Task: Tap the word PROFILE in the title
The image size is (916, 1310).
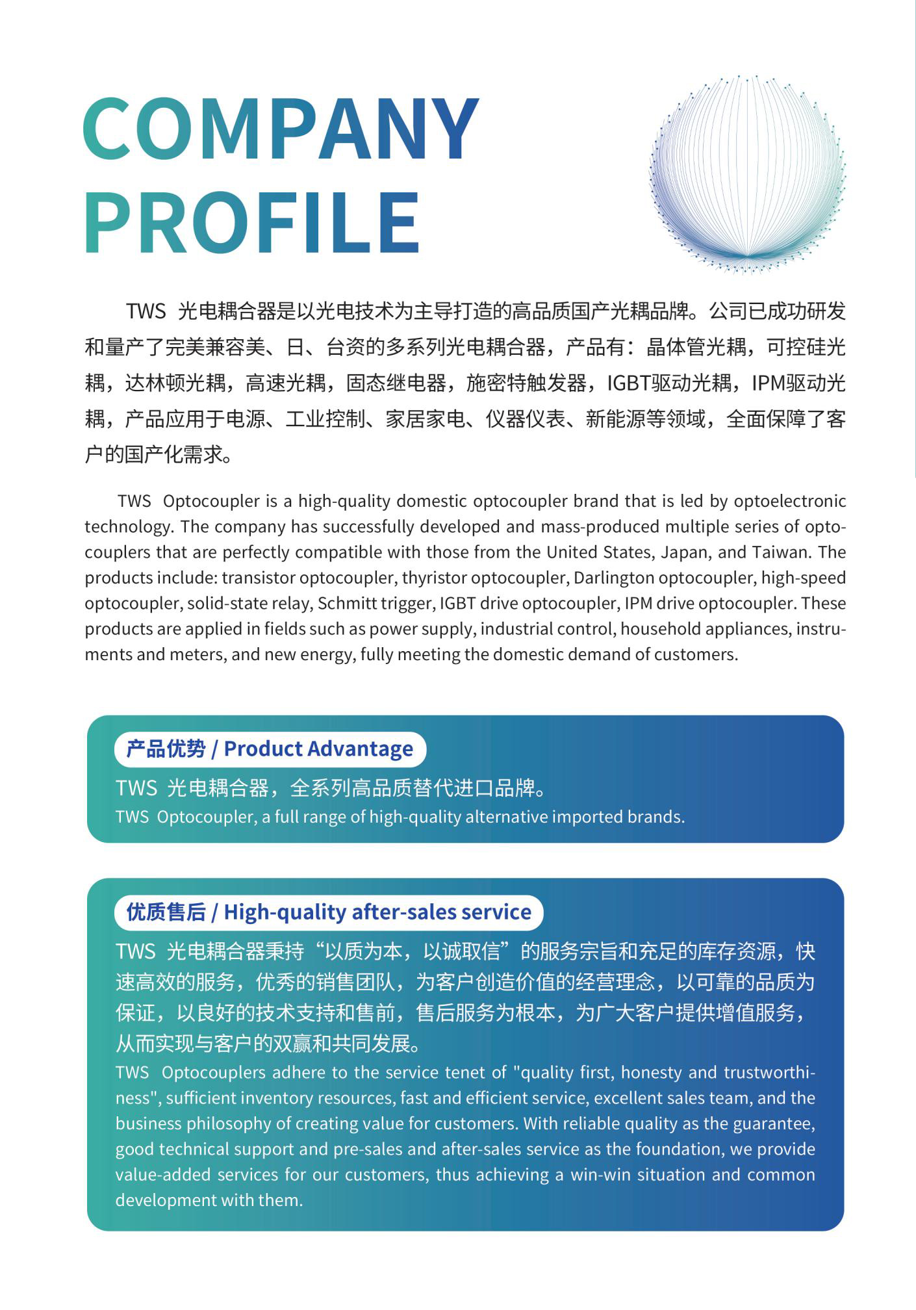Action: [252, 223]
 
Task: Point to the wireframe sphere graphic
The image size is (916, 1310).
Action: [747, 174]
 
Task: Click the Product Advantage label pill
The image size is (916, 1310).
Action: [270, 749]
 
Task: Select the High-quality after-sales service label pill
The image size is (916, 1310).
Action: [329, 912]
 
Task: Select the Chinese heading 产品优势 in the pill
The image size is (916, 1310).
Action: [166, 749]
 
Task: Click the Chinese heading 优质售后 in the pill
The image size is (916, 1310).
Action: [166, 912]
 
